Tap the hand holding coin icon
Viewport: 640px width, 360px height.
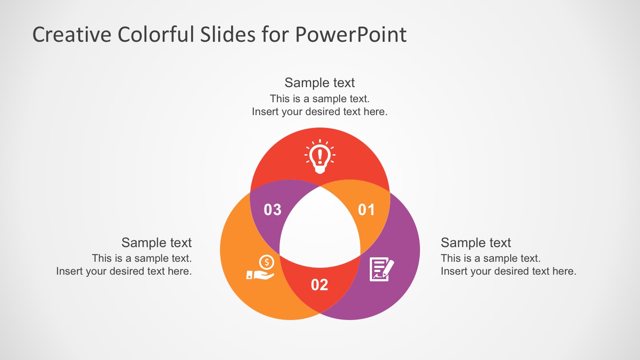click(260, 268)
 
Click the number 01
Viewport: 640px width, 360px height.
click(367, 210)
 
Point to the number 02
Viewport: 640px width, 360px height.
click(320, 285)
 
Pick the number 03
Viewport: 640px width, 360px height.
click(272, 210)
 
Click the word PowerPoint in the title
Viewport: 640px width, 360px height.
click(351, 35)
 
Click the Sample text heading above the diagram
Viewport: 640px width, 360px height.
click(320, 83)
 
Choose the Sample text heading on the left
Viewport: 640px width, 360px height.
click(156, 243)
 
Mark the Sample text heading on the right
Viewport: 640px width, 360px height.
click(476, 243)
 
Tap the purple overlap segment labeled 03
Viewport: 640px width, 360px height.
click(267, 196)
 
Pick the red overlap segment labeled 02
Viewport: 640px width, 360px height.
click(320, 298)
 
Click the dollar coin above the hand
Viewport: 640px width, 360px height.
click(267, 262)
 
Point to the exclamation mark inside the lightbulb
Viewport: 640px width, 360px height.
click(320, 156)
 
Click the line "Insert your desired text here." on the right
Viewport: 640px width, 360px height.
click(508, 271)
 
